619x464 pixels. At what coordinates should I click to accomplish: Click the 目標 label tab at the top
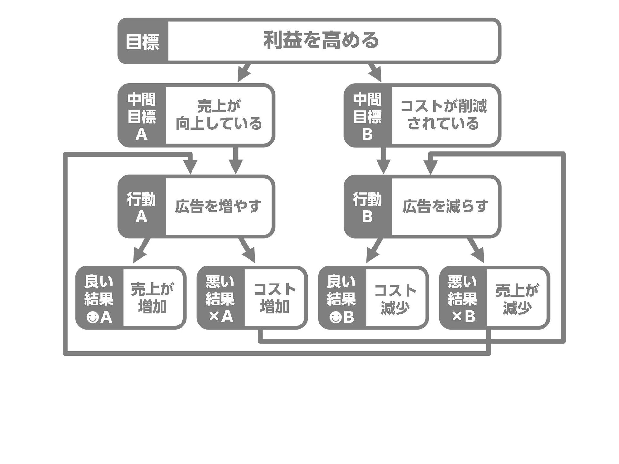[142, 41]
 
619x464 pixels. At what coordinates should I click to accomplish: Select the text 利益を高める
[321, 41]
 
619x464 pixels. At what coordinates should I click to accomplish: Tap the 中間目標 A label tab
[142, 116]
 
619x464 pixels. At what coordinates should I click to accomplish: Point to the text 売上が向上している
[219, 115]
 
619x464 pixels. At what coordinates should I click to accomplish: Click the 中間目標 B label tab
[368, 116]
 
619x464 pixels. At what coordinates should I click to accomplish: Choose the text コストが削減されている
[444, 115]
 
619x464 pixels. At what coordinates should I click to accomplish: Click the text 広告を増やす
[218, 207]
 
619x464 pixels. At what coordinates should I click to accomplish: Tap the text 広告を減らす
[445, 207]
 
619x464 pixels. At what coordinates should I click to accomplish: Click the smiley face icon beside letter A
[93, 318]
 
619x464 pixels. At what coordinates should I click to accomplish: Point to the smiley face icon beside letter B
[335, 318]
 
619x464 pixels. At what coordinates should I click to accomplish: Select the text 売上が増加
[152, 298]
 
